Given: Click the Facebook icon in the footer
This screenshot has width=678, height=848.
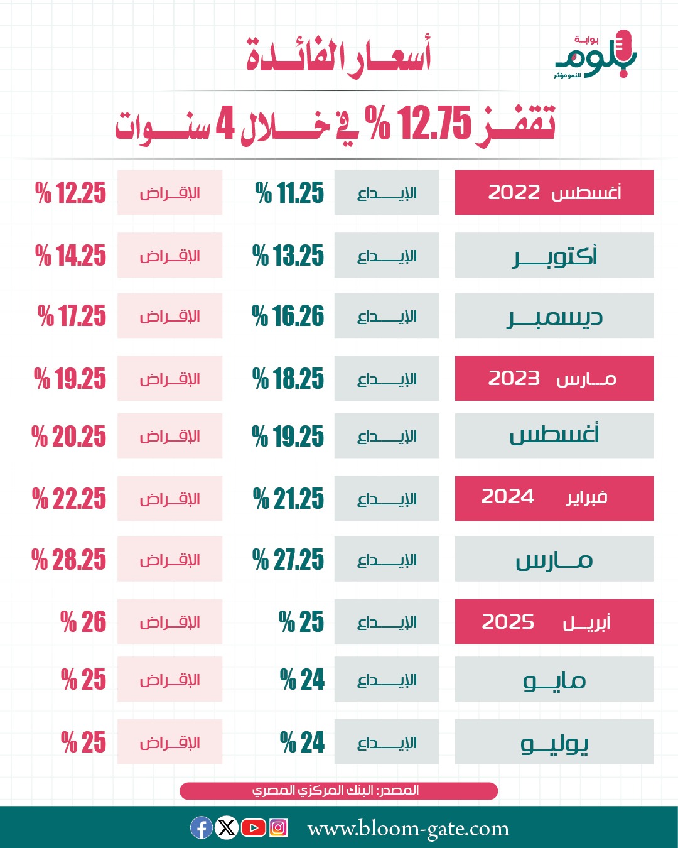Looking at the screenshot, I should click(x=202, y=828).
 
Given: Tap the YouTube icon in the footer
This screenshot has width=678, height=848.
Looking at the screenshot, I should click(x=253, y=828).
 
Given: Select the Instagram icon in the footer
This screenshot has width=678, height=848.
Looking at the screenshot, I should click(x=278, y=828).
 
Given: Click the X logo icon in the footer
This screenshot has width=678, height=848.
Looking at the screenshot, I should click(x=227, y=828).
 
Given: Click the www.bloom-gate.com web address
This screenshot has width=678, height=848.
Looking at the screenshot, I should click(x=408, y=829).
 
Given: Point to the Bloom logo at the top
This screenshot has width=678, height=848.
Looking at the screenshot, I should click(x=595, y=55).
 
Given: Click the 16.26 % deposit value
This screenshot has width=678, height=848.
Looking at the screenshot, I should click(x=288, y=316).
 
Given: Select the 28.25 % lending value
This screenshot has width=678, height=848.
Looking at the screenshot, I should click(x=69, y=560).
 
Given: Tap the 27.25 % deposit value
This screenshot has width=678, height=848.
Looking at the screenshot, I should click(x=288, y=560).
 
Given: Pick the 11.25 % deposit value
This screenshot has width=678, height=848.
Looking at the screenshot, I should click(x=290, y=193).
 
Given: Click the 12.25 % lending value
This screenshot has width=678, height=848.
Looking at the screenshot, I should click(x=71, y=193).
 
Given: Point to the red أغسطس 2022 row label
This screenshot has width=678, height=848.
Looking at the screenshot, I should click(x=554, y=192).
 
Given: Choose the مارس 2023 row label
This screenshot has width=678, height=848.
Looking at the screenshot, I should click(x=554, y=378).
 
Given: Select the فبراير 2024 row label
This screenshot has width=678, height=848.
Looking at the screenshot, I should click(x=554, y=498).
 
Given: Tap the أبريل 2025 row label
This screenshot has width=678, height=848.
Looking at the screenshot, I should click(x=554, y=622).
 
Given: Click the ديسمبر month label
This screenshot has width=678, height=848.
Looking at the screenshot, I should click(x=554, y=316).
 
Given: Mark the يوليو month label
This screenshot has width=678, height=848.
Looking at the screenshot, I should click(x=554, y=742).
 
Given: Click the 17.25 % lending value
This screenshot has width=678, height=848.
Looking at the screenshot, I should click(x=72, y=316).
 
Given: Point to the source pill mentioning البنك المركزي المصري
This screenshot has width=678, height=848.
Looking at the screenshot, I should click(x=338, y=790).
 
